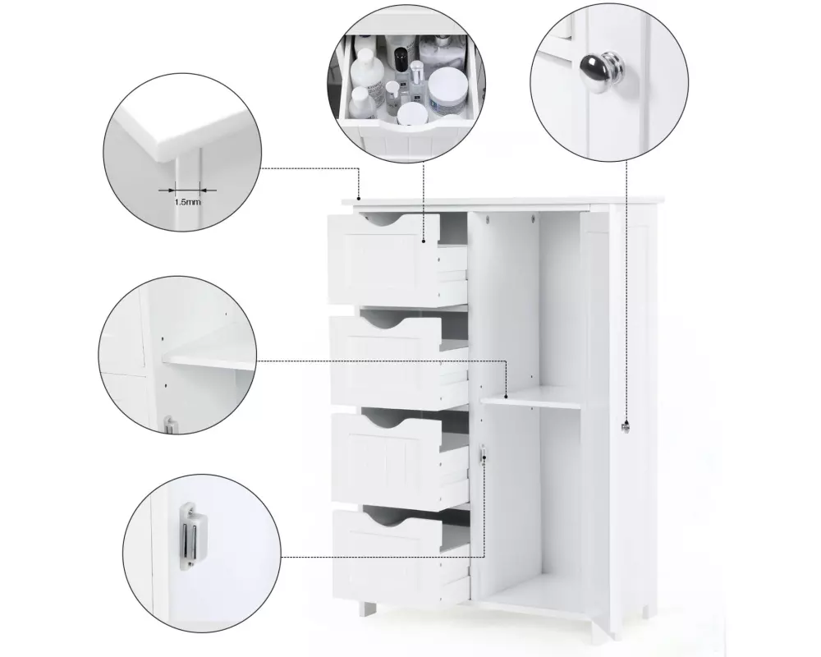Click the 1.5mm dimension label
click(x=187, y=202)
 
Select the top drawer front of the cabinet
click(x=383, y=259)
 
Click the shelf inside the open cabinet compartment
click(x=530, y=396)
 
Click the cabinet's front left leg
click(x=369, y=609)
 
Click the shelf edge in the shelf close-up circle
click(x=209, y=361)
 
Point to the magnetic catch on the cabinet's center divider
click(x=483, y=453)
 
